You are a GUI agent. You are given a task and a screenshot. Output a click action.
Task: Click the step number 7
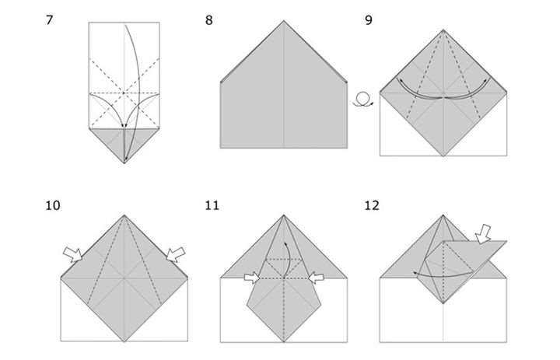pyautogui.click(x=49, y=20)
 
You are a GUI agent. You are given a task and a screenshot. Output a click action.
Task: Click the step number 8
pyautogui.click(x=209, y=20)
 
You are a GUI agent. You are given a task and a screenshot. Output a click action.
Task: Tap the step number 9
pyautogui.click(x=369, y=20)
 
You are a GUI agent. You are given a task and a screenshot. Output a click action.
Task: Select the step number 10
pyautogui.click(x=53, y=206)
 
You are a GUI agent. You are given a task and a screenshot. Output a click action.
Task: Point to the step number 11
pyautogui.click(x=212, y=206)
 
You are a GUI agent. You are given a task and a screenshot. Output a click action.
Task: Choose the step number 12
pyautogui.click(x=372, y=206)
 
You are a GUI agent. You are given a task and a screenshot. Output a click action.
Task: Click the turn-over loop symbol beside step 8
pyautogui.click(x=363, y=100)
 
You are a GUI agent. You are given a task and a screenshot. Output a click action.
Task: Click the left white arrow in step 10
pyautogui.click(x=73, y=254)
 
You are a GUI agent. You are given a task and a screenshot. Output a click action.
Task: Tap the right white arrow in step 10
pyautogui.click(x=176, y=254)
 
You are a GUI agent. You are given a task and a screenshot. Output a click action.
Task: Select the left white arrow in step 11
pyautogui.click(x=252, y=278)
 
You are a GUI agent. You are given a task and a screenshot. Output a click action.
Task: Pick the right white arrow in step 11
pyautogui.click(x=316, y=278)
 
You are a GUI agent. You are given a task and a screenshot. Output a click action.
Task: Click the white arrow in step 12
pyautogui.click(x=483, y=234)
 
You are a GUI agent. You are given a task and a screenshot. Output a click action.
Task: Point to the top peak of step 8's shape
pyautogui.click(x=284, y=21)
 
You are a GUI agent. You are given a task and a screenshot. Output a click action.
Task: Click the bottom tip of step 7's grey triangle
pyautogui.click(x=124, y=163)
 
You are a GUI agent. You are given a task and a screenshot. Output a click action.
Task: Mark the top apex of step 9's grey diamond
pyautogui.click(x=443, y=30)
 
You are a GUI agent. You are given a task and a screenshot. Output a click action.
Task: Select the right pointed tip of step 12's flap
pyautogui.click(x=506, y=242)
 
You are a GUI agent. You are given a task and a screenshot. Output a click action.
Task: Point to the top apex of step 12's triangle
pyautogui.click(x=443, y=215)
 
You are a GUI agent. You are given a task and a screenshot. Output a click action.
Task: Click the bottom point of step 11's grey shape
pyautogui.click(x=284, y=342)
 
